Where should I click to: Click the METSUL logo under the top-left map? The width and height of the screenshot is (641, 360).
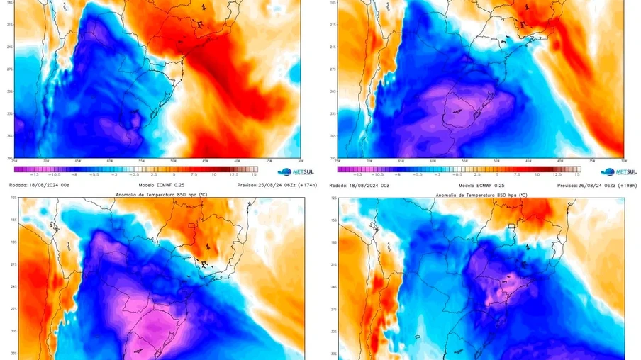pyautogui.click(x=295, y=171)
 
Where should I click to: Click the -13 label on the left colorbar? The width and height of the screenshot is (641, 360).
pyautogui.click(x=26, y=174)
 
